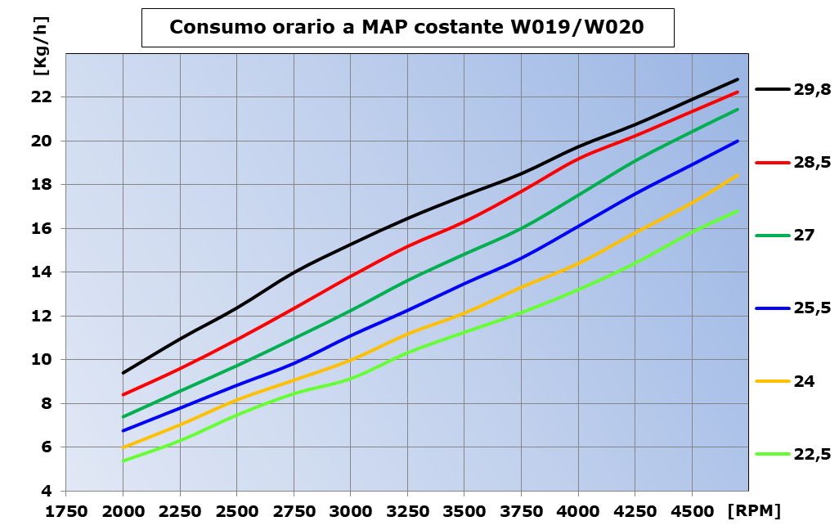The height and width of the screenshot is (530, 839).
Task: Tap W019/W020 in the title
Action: [577, 27]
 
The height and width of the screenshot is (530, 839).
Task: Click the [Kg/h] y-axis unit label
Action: [40, 55]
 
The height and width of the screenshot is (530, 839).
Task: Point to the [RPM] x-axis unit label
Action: [753, 511]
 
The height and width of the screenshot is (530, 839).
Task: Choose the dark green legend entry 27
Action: [804, 236]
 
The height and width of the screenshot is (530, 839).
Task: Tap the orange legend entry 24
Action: [804, 381]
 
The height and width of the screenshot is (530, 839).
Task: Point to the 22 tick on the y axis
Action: [43, 97]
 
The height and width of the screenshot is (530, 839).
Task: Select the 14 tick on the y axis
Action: [43, 272]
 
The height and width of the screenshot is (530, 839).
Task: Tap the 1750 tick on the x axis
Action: [65, 511]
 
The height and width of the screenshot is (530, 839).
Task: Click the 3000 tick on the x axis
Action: [350, 511]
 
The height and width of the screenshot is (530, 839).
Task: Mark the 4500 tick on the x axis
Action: [692, 511]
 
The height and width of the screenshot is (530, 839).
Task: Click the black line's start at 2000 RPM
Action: [123, 373]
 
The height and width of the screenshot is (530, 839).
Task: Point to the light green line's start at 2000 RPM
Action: [123, 461]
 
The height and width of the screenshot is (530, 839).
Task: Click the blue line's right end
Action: [738, 141]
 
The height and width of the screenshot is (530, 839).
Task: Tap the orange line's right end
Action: [738, 175]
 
